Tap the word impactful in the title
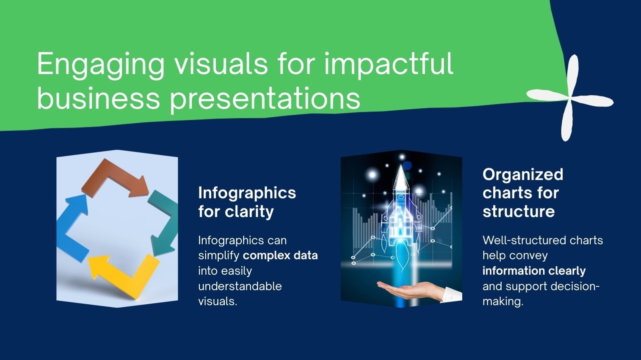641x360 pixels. [388, 64]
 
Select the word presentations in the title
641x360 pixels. [265, 99]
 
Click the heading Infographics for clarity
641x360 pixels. [247, 202]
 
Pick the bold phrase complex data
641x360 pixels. [280, 256]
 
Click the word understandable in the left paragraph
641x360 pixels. [240, 286]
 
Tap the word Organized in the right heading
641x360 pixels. [523, 175]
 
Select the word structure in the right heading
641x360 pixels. [519, 212]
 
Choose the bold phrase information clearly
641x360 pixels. [534, 271]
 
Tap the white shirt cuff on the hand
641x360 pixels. [452, 295]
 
